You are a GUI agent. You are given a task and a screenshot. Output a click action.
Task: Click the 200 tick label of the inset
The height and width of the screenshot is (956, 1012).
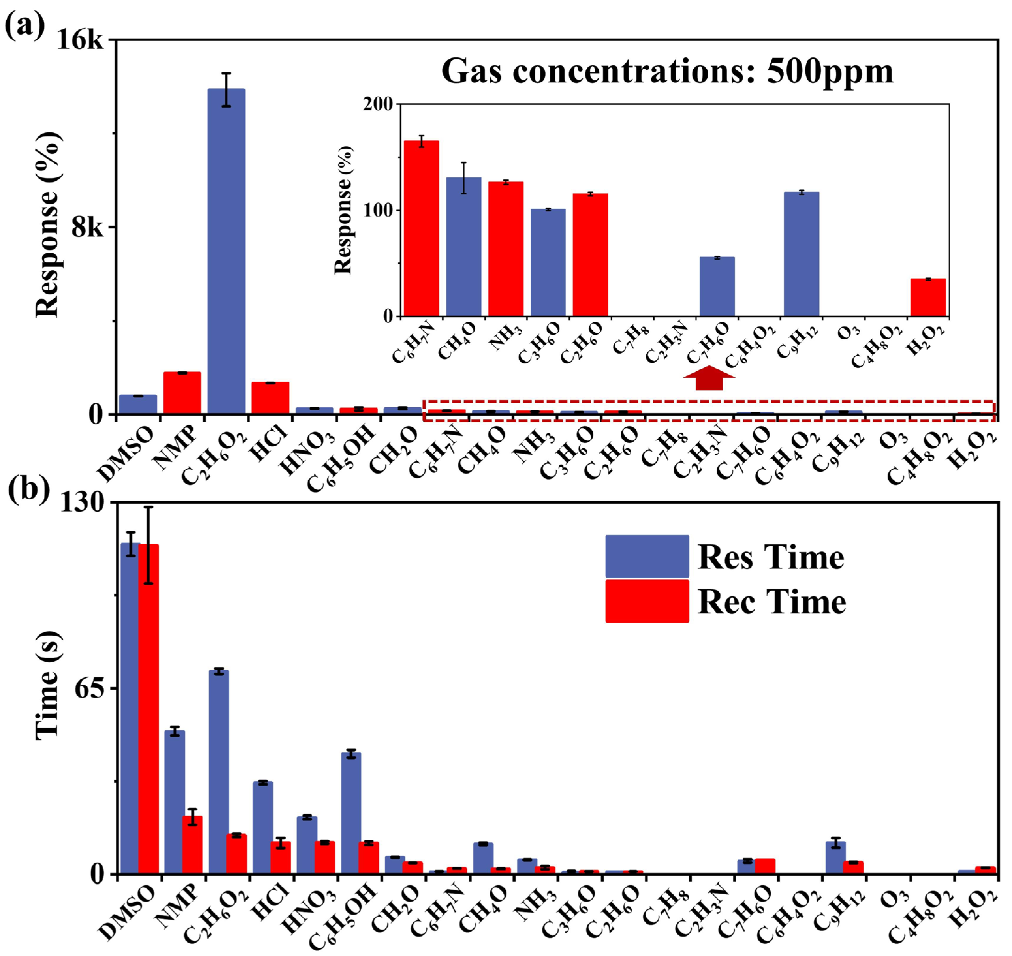click(x=378, y=104)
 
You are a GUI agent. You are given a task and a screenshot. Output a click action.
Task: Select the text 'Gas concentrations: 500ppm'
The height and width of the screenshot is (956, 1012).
click(x=667, y=71)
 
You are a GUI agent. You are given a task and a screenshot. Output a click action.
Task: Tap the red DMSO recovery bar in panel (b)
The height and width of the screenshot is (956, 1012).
click(x=148, y=708)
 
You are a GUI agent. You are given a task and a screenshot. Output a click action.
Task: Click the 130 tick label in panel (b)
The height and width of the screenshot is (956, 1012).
click(x=82, y=503)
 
